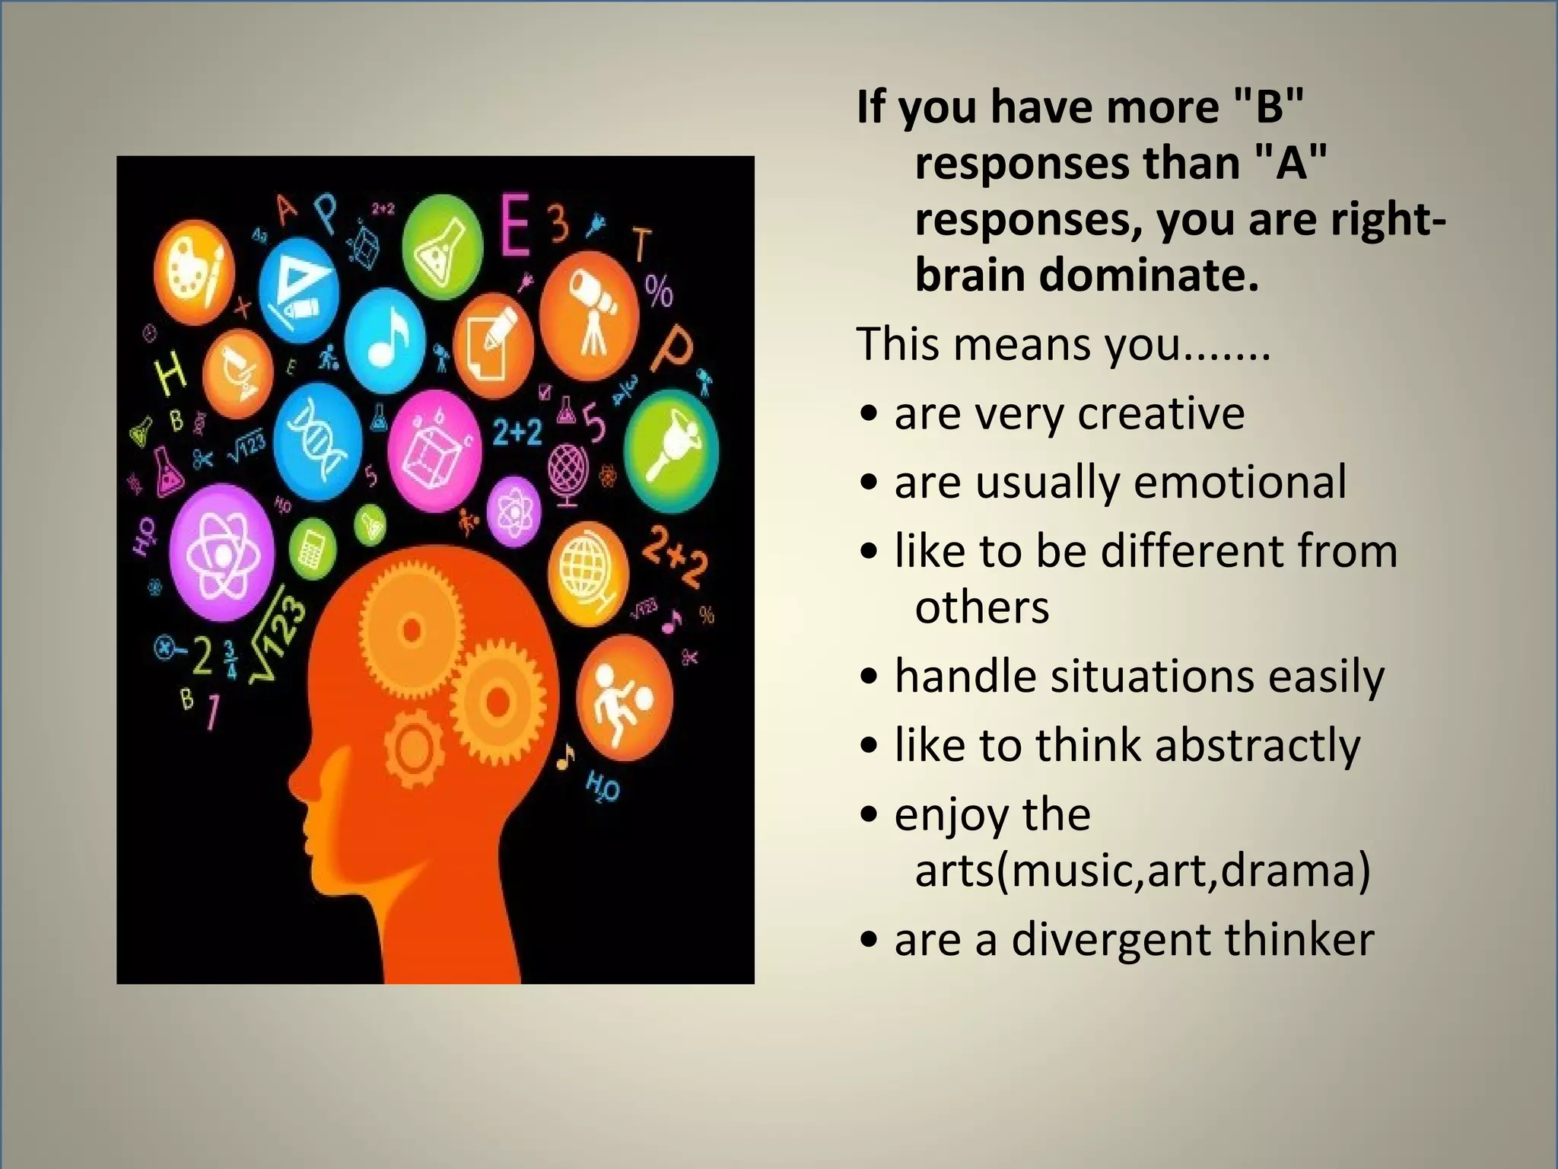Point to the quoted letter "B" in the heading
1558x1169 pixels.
click(x=1268, y=107)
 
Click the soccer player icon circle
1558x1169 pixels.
click(x=623, y=699)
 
